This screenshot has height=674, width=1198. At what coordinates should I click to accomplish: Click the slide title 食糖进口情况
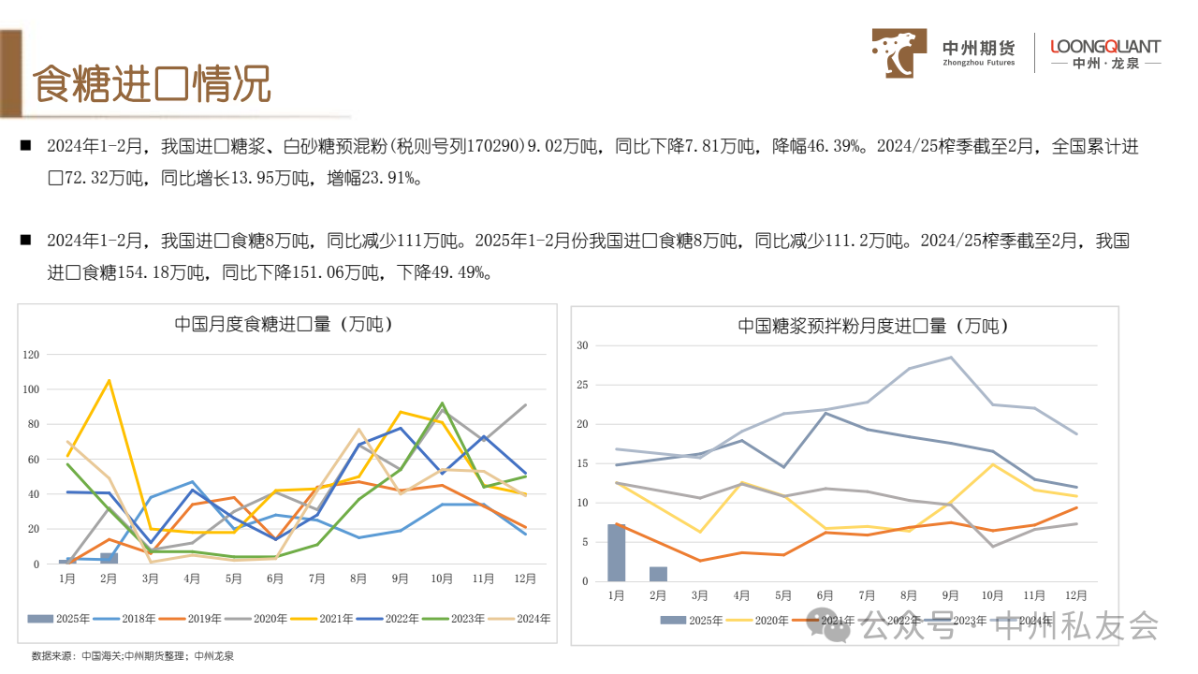tap(153, 85)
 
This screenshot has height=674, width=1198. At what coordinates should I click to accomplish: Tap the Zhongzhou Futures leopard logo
tap(899, 52)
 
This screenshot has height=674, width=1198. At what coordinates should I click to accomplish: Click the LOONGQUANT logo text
tap(1105, 47)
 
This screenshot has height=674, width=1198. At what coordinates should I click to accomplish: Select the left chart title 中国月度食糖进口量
tap(284, 325)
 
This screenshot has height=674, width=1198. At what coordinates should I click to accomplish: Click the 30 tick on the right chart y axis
tap(581, 345)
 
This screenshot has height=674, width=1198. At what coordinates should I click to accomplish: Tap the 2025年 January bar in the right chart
tap(616, 552)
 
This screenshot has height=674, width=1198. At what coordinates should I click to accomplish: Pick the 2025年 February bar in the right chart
tap(658, 574)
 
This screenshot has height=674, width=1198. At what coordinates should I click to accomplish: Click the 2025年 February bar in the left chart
tap(109, 558)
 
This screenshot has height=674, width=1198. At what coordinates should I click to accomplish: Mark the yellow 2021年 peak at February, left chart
tap(109, 380)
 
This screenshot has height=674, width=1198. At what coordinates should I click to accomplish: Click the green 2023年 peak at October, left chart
tap(442, 403)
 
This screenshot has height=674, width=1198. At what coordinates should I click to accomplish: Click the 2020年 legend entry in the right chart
tap(764, 620)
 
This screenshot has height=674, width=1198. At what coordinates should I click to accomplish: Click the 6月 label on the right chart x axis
tap(825, 595)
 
